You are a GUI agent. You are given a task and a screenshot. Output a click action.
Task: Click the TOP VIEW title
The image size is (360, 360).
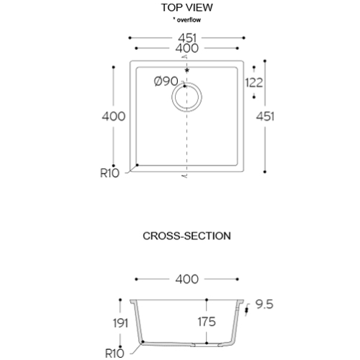point(187,7)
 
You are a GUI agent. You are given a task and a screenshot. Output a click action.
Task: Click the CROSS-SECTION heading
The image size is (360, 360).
point(187,236)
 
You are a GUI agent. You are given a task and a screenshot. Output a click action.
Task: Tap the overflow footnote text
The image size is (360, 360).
point(187,20)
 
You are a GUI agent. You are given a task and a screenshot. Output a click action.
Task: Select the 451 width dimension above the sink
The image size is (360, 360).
point(187,38)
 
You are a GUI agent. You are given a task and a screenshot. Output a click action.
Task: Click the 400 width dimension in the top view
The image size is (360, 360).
point(187,48)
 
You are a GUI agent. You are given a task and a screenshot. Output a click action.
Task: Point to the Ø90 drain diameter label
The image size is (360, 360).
point(166,81)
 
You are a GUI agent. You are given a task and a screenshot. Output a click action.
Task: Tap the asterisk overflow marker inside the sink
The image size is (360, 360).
point(187,70)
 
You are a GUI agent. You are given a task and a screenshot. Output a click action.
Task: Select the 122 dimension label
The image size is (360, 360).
point(254,83)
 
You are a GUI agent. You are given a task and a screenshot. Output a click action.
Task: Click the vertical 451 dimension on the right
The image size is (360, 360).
point(265,116)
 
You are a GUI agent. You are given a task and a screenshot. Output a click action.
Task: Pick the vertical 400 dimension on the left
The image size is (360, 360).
point(113,116)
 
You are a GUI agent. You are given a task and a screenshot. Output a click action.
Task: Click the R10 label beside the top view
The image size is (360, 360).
point(110,173)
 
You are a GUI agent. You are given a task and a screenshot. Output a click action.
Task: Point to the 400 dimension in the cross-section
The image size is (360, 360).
point(187,279)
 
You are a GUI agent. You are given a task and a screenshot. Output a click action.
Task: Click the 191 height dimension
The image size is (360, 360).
point(121,323)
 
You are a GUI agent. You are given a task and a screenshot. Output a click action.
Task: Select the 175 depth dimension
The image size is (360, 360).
point(207,322)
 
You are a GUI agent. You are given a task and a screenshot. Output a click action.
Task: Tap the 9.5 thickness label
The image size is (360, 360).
point(265,304)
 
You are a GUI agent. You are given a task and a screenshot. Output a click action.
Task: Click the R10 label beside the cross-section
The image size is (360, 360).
point(115,353)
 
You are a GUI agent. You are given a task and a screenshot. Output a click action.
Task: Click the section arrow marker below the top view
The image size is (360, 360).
point(185,176)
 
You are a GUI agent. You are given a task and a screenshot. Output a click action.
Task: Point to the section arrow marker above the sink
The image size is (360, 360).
point(185,57)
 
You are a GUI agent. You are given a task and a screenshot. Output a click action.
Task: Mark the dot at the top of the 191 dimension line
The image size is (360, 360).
point(120,300)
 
